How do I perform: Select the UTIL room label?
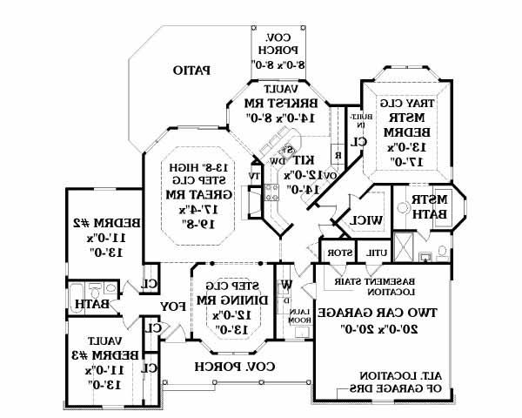coord(376,253)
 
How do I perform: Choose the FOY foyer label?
coord(171,307)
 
